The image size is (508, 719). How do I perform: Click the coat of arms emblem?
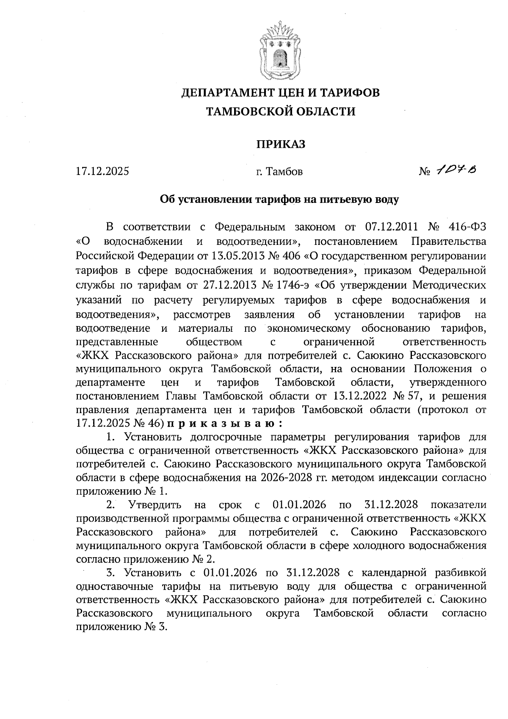pyautogui.click(x=280, y=53)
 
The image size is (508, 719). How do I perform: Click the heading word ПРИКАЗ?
pyautogui.click(x=280, y=144)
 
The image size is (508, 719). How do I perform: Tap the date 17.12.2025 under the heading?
pyautogui.click(x=102, y=172)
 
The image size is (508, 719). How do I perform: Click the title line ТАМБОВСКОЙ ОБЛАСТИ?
pyautogui.click(x=280, y=112)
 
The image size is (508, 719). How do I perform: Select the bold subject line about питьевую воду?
pyautogui.click(x=279, y=199)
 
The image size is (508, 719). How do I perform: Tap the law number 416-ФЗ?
pyautogui.click(x=466, y=227)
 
